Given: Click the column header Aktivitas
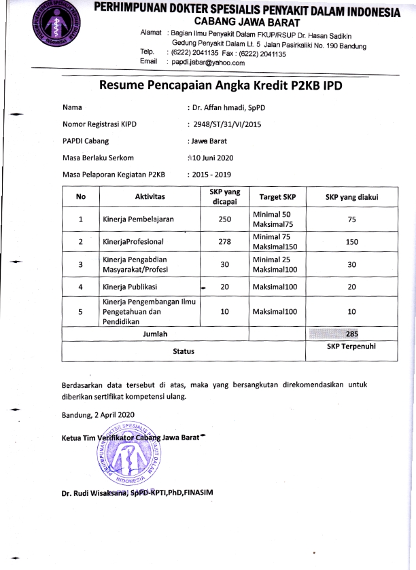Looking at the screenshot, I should pos(150,196).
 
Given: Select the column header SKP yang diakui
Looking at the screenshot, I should pos(351,196).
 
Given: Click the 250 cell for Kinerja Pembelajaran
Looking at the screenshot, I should pos(225,219).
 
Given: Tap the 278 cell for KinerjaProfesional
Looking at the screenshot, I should pos(225,242).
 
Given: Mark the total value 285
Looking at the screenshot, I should pos(351,334).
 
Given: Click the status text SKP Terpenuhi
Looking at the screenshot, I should pos(351,346).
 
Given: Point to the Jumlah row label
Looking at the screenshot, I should pos(155,334).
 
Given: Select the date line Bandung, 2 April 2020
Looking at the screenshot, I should pos(98,414).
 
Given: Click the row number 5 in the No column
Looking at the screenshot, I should pos(81,312).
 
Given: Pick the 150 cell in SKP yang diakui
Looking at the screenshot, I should pos(351,242).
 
